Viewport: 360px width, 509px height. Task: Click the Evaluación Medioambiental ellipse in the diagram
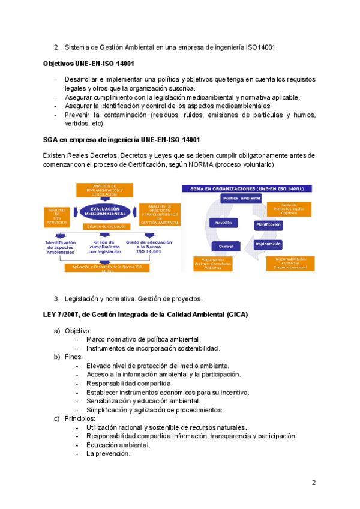[x=100, y=212]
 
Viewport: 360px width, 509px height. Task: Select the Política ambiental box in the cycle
[x=241, y=198]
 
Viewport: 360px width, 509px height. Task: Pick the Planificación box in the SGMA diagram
[x=268, y=224]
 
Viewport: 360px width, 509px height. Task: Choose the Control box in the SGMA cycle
[x=226, y=246]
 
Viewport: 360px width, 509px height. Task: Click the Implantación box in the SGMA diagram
[x=268, y=244]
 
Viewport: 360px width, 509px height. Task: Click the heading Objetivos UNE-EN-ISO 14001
[x=88, y=63]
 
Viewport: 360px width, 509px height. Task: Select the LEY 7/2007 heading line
[x=145, y=315]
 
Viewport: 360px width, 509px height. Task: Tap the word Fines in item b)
[x=73, y=357]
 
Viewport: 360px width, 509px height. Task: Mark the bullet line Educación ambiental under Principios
[x=118, y=445]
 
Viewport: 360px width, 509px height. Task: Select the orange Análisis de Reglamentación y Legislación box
[x=100, y=190]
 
